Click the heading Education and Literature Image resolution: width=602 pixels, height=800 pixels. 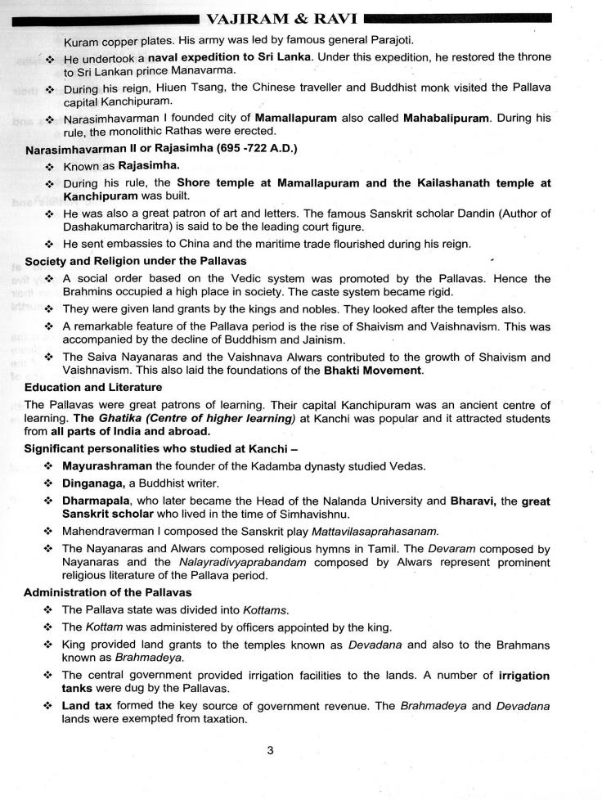93,387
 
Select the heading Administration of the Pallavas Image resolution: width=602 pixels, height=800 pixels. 108,592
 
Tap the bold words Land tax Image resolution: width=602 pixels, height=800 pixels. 88,705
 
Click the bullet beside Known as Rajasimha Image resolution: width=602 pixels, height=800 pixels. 51,167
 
